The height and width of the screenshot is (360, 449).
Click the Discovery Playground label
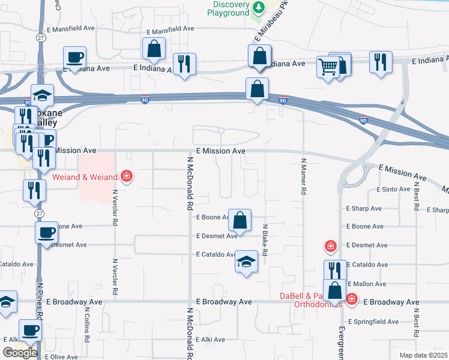click(228, 8)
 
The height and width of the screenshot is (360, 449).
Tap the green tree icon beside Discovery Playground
click(259, 7)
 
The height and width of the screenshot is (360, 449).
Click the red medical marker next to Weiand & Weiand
click(127, 176)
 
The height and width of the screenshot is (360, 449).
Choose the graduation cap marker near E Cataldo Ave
click(246, 261)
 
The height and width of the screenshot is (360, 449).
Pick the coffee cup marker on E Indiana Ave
click(75, 58)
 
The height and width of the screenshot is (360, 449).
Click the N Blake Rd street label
click(264, 239)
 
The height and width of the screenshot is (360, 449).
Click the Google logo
click(20, 353)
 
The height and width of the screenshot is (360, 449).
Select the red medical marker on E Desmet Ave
click(330, 245)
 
